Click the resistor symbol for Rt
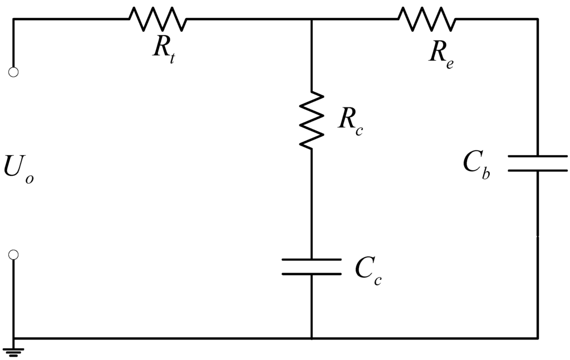[x=158, y=19]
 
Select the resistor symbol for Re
[x=426, y=19]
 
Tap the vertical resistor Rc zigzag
[x=311, y=120]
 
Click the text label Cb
[x=476, y=165]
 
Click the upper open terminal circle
[x=14, y=72]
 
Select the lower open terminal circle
[x=14, y=254]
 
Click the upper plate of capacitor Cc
[x=311, y=259]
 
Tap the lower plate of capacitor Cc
[x=311, y=274]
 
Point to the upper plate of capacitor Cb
[x=537, y=156]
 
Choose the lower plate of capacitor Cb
[x=537, y=170]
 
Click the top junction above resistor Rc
[x=311, y=19]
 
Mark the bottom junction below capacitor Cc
[x=311, y=338]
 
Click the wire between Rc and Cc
[x=311, y=203]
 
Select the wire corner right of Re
[x=537, y=19]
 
